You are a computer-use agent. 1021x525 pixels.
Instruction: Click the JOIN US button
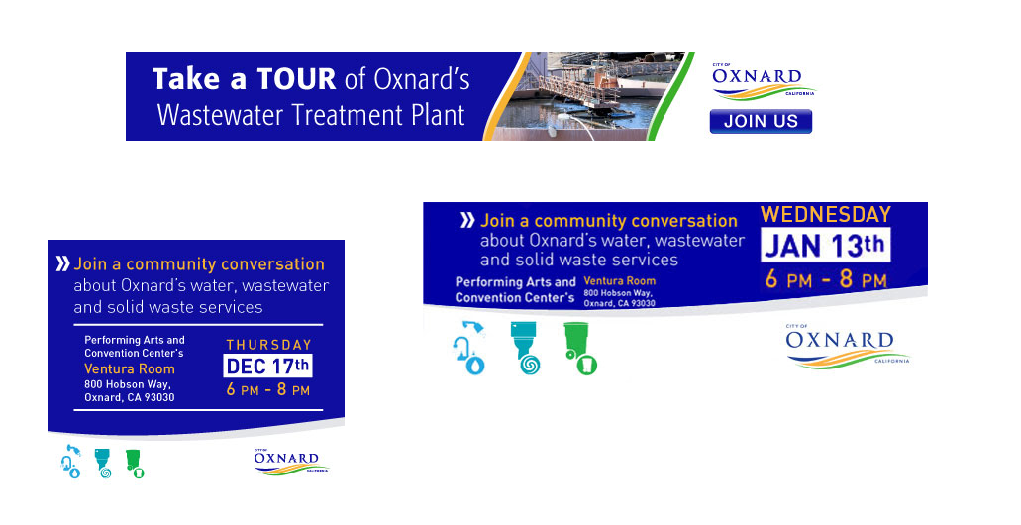(761, 121)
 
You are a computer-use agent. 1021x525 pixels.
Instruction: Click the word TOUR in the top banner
(296, 79)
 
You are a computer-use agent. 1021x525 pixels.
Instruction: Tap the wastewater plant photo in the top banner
(589, 96)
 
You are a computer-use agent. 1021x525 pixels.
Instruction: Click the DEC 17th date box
(267, 367)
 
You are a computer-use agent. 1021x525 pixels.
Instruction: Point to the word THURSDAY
(269, 345)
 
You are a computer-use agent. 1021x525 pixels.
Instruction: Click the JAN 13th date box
(825, 246)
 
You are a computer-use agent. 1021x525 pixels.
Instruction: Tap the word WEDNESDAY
(826, 214)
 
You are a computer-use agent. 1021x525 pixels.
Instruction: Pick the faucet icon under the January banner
(469, 348)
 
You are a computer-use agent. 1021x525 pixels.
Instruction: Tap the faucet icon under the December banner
(71, 462)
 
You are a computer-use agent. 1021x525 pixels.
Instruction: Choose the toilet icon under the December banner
(103, 464)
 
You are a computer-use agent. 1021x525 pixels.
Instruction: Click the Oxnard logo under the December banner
(291, 461)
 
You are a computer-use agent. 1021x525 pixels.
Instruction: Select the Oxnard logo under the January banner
(847, 346)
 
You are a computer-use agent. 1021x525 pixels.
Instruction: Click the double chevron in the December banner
(63, 263)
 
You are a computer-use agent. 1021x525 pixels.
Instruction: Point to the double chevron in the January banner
(467, 220)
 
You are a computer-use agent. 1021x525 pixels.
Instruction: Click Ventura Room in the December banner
(130, 368)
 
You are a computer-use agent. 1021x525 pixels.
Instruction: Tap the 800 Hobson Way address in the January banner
(619, 298)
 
